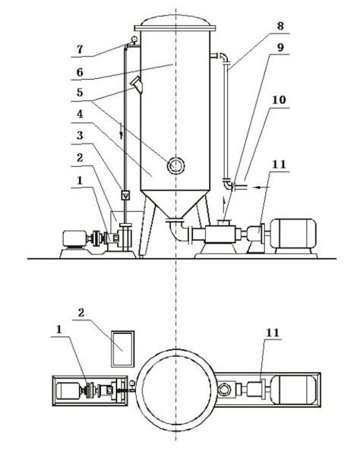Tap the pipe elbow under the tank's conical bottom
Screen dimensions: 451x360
(x=176, y=226)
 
